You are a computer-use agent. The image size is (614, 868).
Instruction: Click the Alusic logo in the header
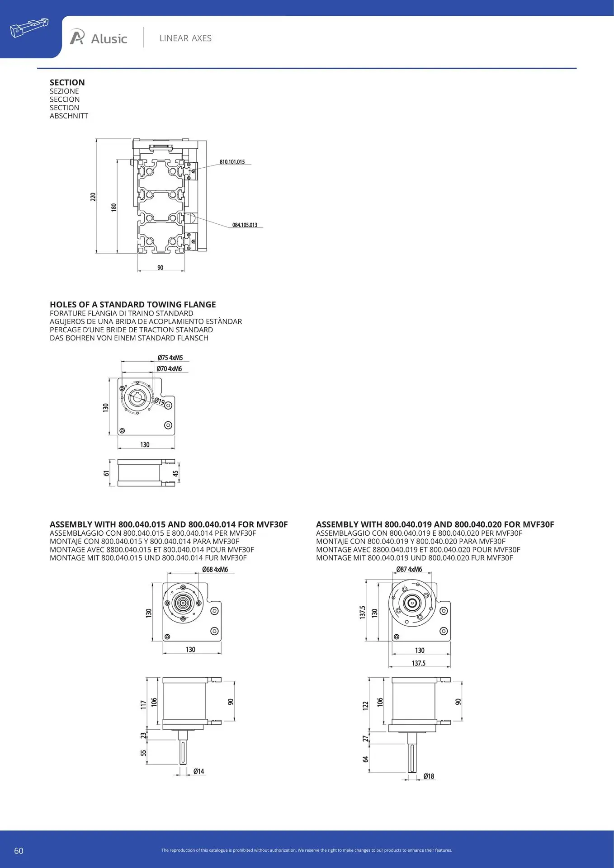99,38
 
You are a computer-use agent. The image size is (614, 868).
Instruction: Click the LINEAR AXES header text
185,38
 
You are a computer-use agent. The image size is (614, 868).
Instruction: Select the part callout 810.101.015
232,162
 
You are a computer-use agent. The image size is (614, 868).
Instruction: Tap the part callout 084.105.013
245,225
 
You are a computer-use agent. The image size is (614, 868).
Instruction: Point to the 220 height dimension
93,197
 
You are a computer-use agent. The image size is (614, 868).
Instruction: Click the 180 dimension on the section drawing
114,207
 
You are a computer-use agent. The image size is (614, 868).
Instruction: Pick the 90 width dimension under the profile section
161,268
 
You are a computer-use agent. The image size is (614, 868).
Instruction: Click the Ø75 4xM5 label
170,358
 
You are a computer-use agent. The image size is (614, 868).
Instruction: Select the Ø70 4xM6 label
169,369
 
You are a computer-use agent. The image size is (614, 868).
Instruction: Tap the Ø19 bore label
159,401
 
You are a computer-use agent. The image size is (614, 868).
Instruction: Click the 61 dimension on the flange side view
107,473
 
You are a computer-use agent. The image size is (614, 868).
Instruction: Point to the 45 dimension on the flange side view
175,473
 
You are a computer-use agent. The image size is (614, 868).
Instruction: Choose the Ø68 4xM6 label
215,570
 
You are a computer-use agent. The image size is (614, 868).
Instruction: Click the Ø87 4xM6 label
409,570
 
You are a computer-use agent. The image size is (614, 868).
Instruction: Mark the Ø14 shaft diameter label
198,771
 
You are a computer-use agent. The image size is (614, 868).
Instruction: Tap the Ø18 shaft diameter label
429,776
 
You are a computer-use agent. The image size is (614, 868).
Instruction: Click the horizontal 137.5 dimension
419,663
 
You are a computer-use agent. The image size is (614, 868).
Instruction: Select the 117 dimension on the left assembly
143,704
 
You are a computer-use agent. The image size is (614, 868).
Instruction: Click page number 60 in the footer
19,851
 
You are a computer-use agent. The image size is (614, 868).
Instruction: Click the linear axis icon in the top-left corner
29,28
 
